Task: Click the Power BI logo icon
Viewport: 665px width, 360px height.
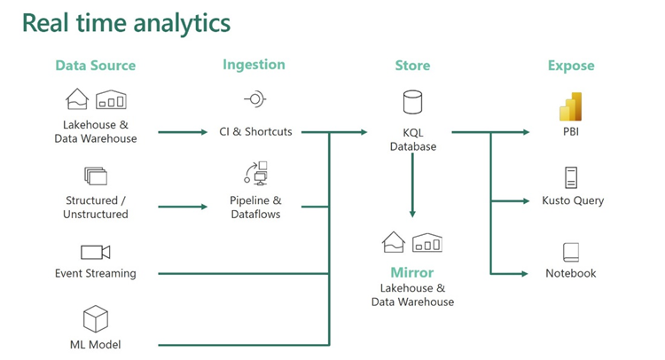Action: pos(570,106)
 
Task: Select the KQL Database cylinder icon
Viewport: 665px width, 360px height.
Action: pos(412,102)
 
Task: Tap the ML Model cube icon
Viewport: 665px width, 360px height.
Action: pos(96,319)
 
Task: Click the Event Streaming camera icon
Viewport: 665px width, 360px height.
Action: pos(96,252)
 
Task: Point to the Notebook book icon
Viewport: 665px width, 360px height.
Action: pos(571,253)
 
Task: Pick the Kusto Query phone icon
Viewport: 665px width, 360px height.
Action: pos(571,177)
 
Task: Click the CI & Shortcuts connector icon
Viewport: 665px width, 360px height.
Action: pos(254,99)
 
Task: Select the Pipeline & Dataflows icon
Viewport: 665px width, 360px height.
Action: pos(255,174)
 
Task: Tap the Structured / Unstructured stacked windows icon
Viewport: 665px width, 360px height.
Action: pos(96,176)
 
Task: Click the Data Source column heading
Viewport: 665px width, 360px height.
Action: pos(96,66)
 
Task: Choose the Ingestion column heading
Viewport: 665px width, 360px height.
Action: pos(254,65)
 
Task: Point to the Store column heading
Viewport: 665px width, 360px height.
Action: pos(412,66)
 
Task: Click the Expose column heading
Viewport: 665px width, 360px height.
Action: pos(571,66)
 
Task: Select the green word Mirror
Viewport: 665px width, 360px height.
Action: pos(412,272)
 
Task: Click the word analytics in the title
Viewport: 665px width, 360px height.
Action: pos(182,23)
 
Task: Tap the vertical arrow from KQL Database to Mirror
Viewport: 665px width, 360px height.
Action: pos(412,185)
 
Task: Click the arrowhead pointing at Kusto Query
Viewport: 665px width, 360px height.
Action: pos(527,200)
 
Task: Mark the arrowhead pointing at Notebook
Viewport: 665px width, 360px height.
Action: pos(525,274)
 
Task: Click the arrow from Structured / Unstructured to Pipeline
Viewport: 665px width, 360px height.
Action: pos(183,207)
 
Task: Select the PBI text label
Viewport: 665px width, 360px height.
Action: pos(571,132)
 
